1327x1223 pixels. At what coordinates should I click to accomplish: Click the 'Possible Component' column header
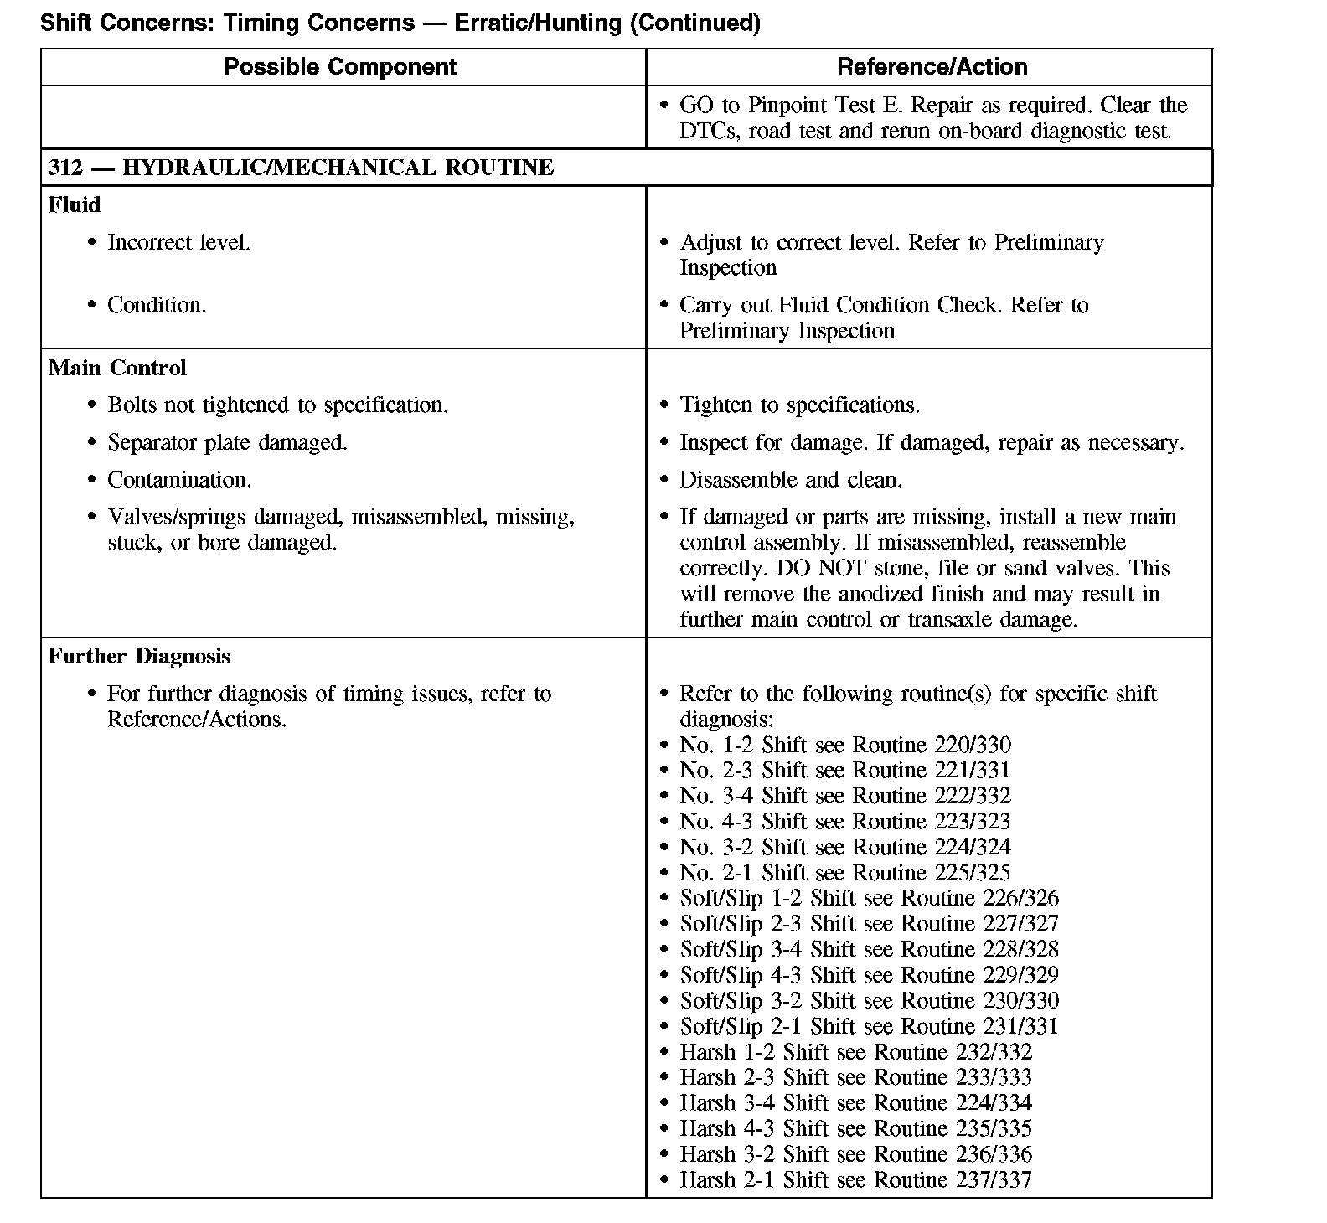[340, 67]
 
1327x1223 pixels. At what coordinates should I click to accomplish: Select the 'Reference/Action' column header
[932, 67]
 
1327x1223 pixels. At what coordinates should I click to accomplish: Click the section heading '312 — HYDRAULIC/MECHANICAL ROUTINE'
[301, 168]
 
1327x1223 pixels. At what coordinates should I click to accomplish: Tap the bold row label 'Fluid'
[74, 205]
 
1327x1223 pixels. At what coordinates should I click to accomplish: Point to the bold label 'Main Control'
[117, 368]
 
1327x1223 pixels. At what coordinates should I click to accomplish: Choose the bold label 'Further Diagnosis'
[139, 656]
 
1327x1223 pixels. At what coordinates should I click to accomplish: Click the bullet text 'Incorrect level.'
[178, 243]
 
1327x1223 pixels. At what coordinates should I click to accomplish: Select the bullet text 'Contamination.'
[179, 480]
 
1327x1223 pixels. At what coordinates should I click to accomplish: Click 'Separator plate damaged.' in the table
[227, 442]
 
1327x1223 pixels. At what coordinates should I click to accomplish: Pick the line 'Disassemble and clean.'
[791, 480]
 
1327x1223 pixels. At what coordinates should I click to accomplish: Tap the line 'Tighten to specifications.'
[799, 405]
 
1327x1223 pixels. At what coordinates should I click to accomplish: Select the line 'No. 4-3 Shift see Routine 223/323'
[844, 822]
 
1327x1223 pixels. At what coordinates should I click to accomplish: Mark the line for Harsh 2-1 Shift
[855, 1180]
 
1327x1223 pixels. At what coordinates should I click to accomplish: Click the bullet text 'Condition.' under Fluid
[157, 305]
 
